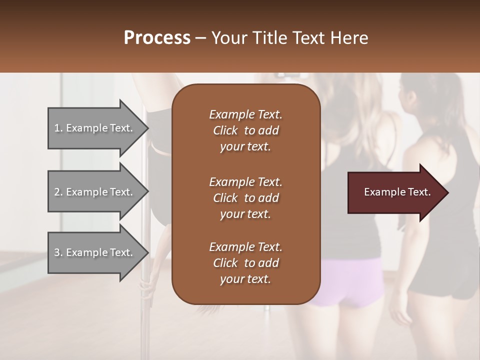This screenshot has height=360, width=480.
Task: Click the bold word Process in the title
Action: (x=157, y=38)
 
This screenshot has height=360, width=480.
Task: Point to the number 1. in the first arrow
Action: (x=58, y=128)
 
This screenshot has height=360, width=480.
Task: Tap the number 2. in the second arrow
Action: (x=58, y=192)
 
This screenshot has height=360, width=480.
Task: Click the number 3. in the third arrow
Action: (x=58, y=252)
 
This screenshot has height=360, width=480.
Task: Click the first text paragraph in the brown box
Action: (x=245, y=130)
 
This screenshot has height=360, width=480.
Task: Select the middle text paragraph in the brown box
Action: (x=245, y=198)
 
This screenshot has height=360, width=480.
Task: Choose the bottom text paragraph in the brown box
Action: (x=245, y=263)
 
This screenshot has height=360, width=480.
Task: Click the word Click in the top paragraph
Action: (x=225, y=130)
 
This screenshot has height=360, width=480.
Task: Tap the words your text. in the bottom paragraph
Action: (x=245, y=279)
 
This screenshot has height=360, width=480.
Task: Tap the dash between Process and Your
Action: (x=200, y=38)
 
